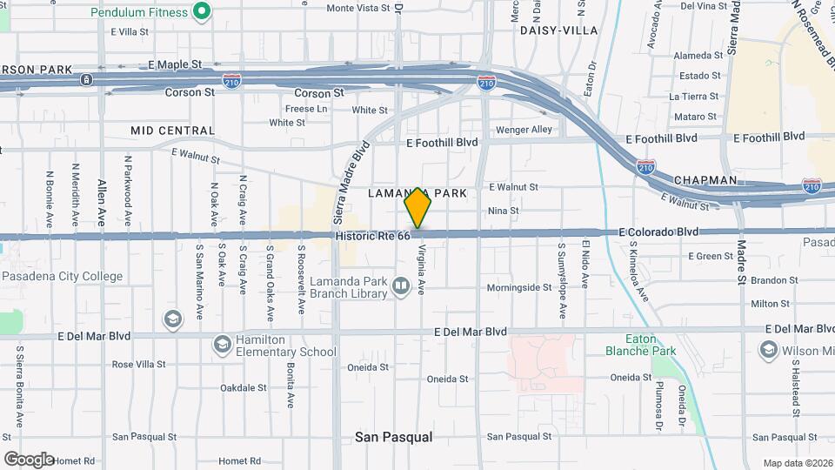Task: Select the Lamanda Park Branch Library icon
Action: (401, 285)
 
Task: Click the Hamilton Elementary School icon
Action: (222, 346)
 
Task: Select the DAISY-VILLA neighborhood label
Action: (558, 30)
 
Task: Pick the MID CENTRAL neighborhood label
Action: (172, 131)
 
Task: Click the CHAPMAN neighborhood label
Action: (705, 180)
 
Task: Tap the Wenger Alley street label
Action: (524, 130)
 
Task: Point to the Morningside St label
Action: (519, 287)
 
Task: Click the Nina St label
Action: (503, 211)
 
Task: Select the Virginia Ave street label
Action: (421, 267)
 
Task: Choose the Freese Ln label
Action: (306, 109)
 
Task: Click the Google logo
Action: (29, 459)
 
